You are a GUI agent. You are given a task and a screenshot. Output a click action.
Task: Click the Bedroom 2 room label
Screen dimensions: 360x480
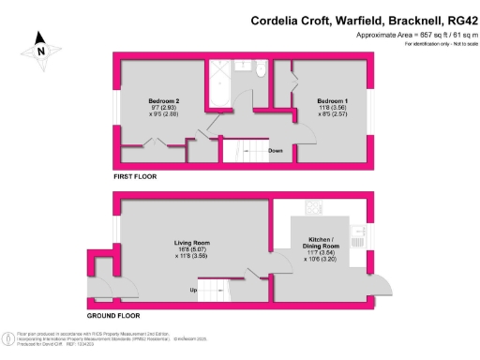point(163,100)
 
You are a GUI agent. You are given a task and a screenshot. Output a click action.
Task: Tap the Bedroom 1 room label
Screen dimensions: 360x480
point(333,100)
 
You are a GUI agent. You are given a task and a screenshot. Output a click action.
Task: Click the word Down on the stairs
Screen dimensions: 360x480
point(276,151)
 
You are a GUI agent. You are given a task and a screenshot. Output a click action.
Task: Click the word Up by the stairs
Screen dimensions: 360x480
point(194,290)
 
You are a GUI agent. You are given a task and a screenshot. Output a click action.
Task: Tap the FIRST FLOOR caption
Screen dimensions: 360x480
point(135,176)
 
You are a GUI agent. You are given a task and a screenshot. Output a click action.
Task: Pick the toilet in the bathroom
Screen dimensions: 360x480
point(262,70)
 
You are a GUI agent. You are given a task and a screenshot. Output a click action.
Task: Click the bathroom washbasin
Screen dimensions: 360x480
point(240,65)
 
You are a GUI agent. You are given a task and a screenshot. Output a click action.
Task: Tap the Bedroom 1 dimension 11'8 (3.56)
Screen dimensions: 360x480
point(333,108)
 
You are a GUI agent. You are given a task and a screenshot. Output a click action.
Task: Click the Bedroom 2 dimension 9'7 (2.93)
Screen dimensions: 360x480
point(163,108)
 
